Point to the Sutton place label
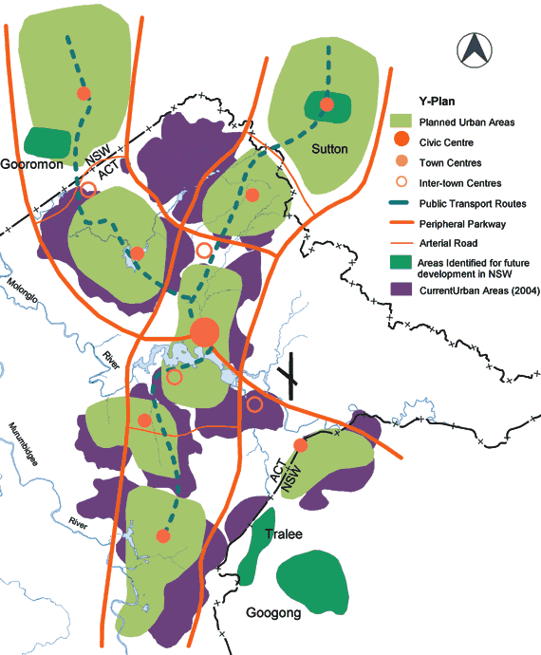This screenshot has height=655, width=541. tap(329, 149)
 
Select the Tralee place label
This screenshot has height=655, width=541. tap(282, 534)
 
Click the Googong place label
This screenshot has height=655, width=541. tap(273, 613)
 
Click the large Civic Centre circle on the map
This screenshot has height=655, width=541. tap(204, 332)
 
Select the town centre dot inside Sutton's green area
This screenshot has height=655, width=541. tap(326, 104)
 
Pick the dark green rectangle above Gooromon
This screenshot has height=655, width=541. tap(47, 142)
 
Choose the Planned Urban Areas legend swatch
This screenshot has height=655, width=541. tap(404, 122)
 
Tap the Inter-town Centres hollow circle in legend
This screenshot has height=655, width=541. tap(404, 181)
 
